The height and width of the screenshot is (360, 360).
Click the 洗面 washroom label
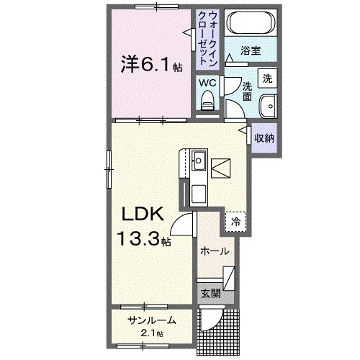(247, 89)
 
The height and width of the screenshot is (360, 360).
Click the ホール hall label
(215, 251)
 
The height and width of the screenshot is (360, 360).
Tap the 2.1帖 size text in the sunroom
(151, 333)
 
